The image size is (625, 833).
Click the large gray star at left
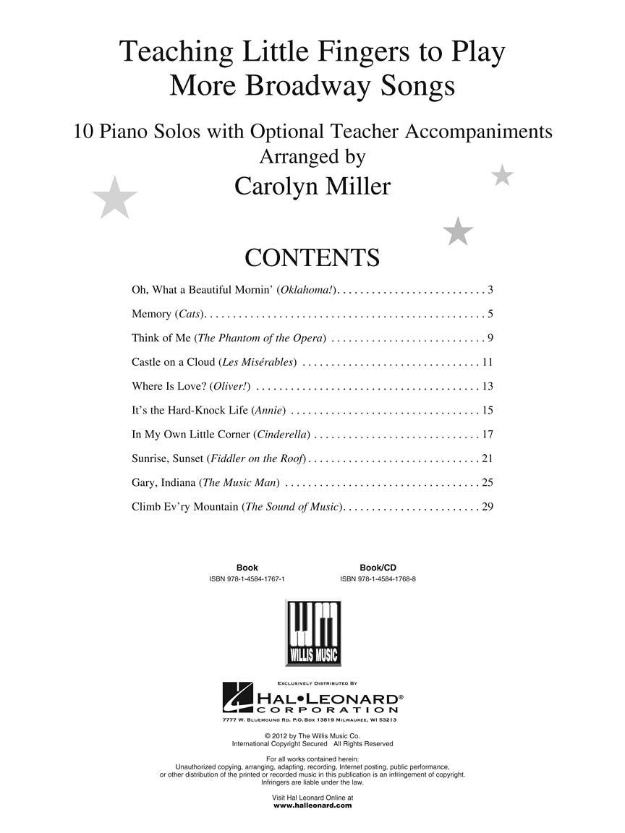(115, 197)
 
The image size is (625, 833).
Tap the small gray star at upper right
(502, 175)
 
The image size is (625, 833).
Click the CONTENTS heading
(312, 257)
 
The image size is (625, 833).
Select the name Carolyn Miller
(312, 186)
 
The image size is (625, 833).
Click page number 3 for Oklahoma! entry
(490, 290)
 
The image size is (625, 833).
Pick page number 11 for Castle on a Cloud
(487, 362)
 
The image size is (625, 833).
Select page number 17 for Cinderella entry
(487, 435)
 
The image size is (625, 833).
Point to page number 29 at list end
(487, 506)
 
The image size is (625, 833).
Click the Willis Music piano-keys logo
(312, 633)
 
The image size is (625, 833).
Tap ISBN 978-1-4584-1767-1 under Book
(247, 579)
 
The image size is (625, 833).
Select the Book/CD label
(378, 568)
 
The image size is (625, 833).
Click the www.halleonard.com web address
(312, 805)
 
